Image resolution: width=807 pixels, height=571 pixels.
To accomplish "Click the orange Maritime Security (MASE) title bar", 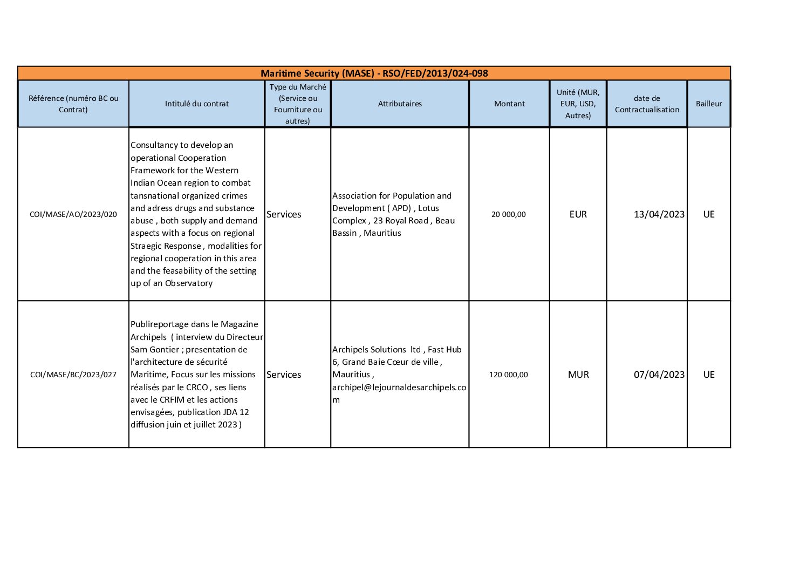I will click(x=374, y=73).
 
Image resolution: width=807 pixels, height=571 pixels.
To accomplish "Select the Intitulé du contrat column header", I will click(x=196, y=104).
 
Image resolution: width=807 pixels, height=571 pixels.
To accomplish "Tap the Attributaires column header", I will click(x=400, y=104).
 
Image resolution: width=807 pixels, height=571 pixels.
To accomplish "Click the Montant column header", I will click(x=509, y=104).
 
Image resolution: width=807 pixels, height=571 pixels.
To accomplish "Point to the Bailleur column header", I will click(x=708, y=104).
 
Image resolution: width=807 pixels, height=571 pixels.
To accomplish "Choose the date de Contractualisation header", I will click(x=647, y=104).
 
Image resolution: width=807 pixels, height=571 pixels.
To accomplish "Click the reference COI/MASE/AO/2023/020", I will click(x=73, y=214).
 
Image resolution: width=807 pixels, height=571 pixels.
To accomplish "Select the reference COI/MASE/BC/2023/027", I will click(x=73, y=375).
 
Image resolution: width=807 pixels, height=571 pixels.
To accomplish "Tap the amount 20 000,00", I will click(x=508, y=214).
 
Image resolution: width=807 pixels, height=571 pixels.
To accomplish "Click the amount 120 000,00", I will click(x=508, y=375).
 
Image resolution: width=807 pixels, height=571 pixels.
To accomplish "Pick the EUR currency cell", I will click(x=578, y=214).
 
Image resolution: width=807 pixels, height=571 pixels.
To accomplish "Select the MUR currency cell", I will click(x=578, y=375).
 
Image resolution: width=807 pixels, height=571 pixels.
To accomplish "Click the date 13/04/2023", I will click(x=659, y=214).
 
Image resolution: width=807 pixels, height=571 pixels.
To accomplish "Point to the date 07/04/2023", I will click(x=659, y=375).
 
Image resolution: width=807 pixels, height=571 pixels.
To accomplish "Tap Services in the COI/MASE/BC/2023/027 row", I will click(x=284, y=375).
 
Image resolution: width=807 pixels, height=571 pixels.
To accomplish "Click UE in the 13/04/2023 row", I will click(x=708, y=214).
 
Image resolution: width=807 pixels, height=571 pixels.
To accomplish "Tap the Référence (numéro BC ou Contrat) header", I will click(x=73, y=104).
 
